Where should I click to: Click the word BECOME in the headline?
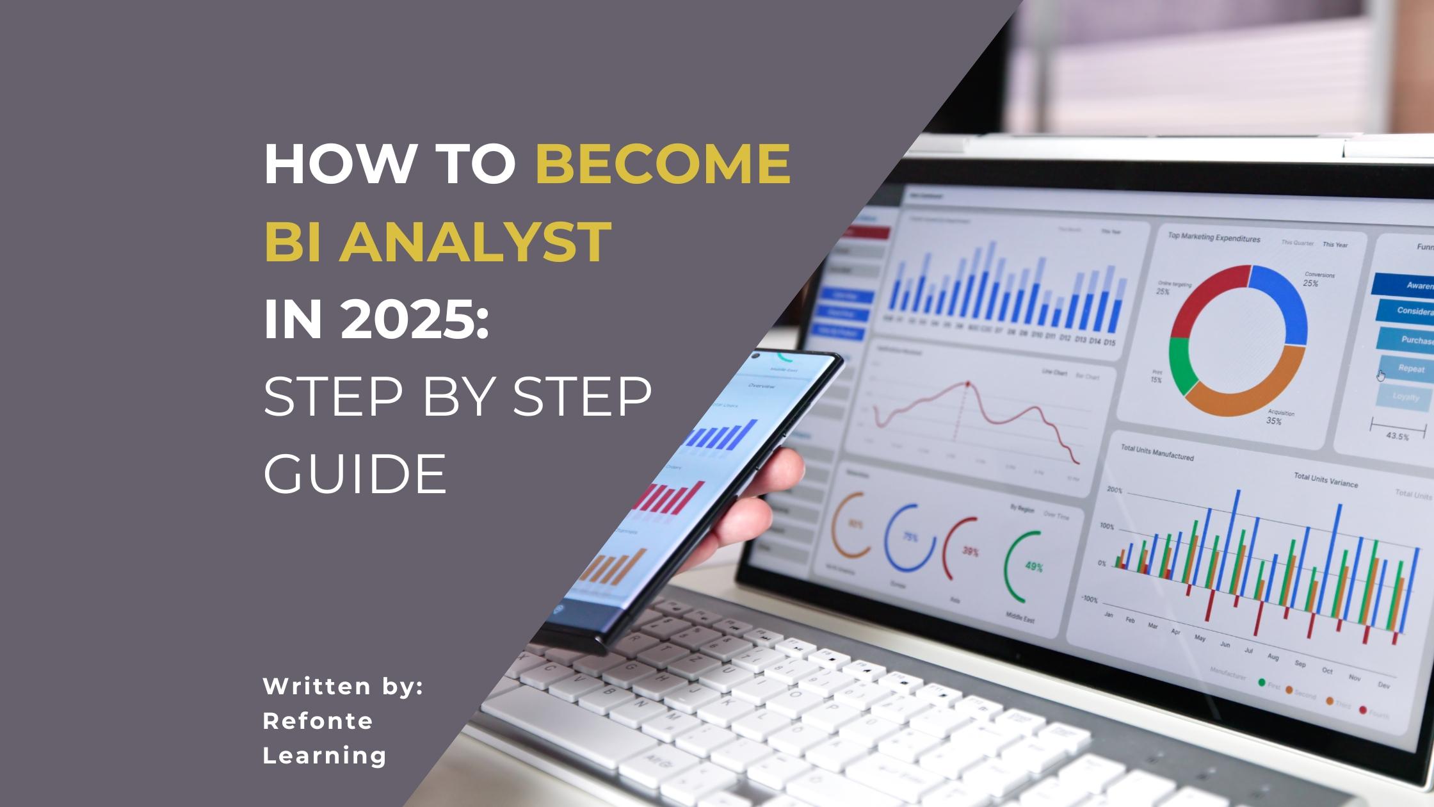click(x=663, y=163)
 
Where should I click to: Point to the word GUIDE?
click(x=355, y=473)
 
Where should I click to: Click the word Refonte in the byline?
click(x=318, y=721)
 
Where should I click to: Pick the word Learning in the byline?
click(x=325, y=755)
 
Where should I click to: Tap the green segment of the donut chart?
click(x=1181, y=365)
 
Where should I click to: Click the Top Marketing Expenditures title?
click(x=1214, y=238)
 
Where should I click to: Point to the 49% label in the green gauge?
click(x=1034, y=567)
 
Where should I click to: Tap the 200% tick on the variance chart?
click(x=1115, y=490)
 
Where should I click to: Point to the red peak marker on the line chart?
click(x=967, y=384)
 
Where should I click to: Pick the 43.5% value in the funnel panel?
click(x=1397, y=436)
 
